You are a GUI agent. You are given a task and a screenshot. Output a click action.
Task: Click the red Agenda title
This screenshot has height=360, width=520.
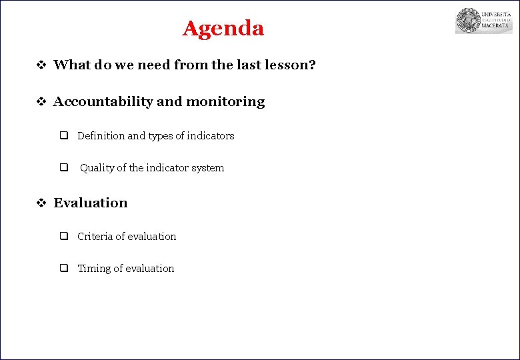tap(223, 29)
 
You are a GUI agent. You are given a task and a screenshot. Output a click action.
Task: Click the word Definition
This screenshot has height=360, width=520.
tap(101, 136)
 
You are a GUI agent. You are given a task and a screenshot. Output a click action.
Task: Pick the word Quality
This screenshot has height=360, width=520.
tap(97, 168)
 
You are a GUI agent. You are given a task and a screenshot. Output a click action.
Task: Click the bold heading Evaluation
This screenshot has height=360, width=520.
tap(90, 203)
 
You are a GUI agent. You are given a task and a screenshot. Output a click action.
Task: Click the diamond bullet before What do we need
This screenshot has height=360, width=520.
tap(40, 65)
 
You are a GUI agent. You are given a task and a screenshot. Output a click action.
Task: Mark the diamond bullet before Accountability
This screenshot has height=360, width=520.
tap(40, 102)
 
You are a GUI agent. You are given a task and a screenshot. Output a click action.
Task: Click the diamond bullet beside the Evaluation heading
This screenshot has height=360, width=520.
tap(40, 203)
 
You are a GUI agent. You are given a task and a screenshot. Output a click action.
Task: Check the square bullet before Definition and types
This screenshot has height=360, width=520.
tap(64, 136)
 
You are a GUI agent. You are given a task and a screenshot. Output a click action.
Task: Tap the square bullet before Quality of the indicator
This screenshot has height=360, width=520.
tap(64, 168)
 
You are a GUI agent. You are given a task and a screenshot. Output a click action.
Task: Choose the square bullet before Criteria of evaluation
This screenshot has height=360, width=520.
tap(64, 237)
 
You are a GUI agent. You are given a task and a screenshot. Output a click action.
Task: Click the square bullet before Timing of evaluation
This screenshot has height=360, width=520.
tap(64, 269)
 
